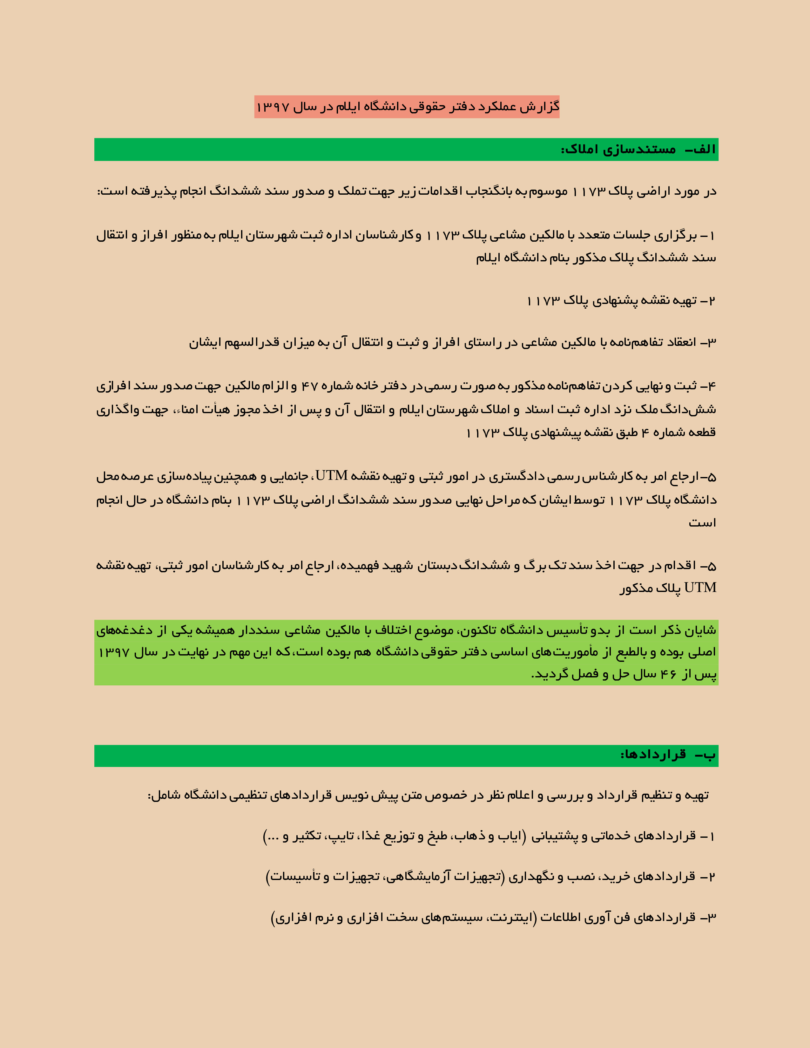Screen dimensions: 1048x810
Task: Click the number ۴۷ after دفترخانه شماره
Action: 309,386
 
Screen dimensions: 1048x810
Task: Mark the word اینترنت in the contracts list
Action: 510,918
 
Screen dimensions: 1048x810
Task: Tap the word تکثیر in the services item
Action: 307,836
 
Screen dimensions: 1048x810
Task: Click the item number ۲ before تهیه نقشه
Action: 712,301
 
